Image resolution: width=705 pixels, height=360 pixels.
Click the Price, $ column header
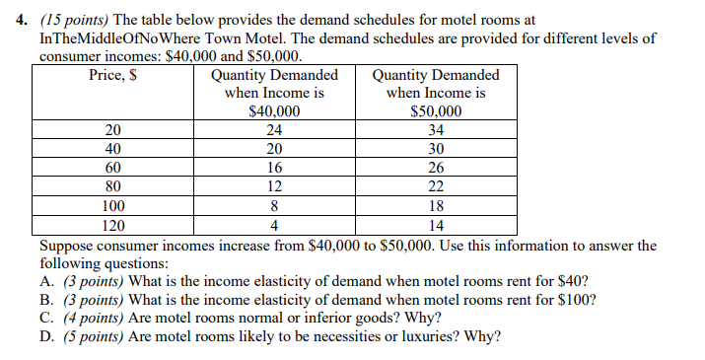[x=112, y=75]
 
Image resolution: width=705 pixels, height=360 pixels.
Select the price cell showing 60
[x=113, y=167]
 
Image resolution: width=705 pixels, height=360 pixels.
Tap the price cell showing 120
[x=113, y=223]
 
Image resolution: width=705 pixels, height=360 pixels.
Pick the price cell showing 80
[x=113, y=185]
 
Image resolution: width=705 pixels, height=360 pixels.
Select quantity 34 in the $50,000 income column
[x=436, y=129]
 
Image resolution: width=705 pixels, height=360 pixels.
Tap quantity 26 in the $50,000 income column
[x=436, y=167]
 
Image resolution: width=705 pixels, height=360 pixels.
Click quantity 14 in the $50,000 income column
[x=436, y=223]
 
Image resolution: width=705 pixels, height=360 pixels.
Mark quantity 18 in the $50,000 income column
[x=436, y=204]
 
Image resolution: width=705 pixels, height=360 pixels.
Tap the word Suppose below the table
[x=67, y=244]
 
